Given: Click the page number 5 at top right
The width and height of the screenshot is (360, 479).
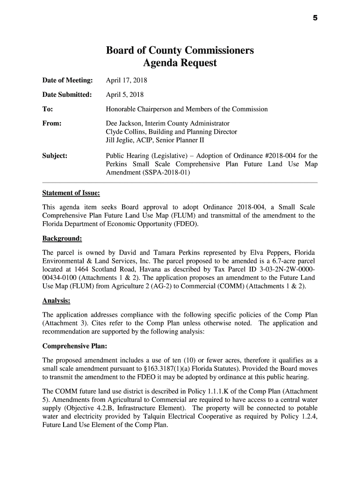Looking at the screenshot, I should [315, 18].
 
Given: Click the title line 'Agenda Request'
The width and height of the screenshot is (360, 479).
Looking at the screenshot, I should [180, 63].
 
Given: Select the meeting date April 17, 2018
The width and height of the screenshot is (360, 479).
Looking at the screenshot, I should [126, 80].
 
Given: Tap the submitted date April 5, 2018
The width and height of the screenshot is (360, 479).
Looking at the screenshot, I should [124, 94].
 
